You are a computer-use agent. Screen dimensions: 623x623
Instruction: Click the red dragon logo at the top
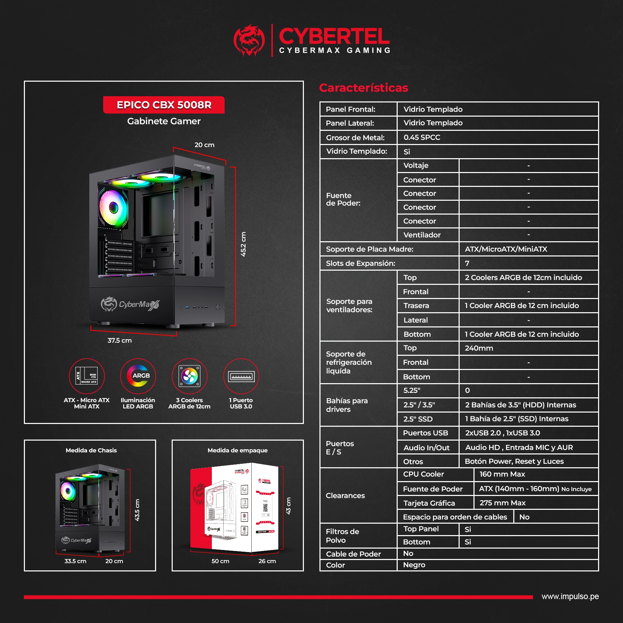[249, 40]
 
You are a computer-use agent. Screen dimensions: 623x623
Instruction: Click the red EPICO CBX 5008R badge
[164, 105]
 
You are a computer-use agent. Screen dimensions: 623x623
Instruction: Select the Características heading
[363, 88]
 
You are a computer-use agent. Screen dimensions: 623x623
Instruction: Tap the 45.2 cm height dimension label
[243, 244]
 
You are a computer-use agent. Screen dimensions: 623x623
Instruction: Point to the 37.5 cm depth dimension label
[119, 340]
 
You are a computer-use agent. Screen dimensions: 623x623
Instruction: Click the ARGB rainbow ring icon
[138, 376]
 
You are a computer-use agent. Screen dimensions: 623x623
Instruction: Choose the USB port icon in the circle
[241, 377]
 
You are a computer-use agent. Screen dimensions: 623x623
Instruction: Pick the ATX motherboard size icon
[87, 376]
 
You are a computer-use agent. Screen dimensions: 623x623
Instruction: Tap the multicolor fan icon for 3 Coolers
[190, 376]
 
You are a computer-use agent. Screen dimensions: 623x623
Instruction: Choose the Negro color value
[414, 565]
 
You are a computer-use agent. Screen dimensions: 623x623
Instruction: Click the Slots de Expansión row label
[360, 263]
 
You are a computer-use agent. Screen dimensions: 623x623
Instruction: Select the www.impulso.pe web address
[570, 596]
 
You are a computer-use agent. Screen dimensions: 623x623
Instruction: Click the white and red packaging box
[235, 508]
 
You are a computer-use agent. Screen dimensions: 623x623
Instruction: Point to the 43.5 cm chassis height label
[137, 510]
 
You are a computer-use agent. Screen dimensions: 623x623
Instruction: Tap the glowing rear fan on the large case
[113, 208]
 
